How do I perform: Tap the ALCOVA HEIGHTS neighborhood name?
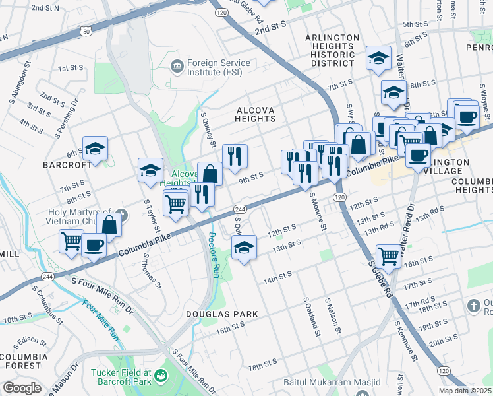[x=255, y=113]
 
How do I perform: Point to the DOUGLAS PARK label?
[x=221, y=314]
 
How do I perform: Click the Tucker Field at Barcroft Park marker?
[x=161, y=376]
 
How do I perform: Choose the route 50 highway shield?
[x=86, y=31]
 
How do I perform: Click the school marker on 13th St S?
[x=244, y=248]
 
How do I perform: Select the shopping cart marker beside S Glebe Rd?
[x=389, y=255]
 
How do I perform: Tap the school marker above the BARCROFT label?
[x=96, y=148]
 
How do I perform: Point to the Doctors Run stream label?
[x=213, y=255]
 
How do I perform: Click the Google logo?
[x=21, y=388]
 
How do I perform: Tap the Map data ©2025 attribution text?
[x=464, y=391]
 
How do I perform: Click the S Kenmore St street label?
[x=405, y=341]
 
